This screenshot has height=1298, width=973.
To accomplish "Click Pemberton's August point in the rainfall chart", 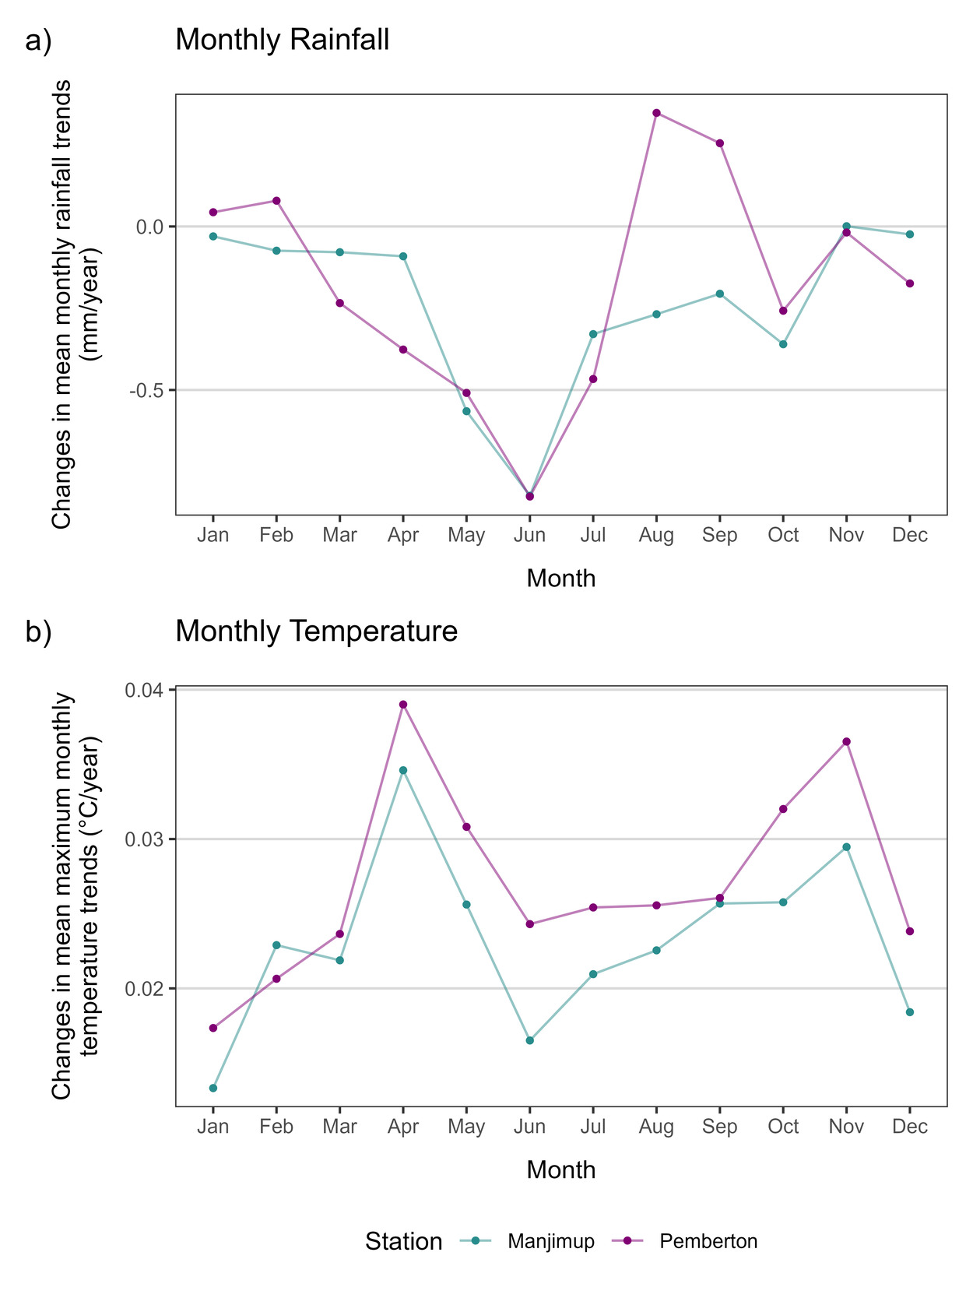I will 656,113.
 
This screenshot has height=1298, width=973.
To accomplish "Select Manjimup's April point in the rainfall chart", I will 403,256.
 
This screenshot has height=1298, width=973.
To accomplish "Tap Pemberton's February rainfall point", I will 276,201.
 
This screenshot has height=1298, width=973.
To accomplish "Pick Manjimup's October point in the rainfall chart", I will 783,344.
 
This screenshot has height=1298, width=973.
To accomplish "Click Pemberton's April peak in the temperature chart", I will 403,705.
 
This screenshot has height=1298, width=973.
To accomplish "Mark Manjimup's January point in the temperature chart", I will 213,1088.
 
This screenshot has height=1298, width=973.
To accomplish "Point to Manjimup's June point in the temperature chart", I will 530,1040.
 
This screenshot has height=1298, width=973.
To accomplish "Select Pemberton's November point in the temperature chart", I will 846,741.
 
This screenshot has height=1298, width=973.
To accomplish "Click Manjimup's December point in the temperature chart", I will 910,1012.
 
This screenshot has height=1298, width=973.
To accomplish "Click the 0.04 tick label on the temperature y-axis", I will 144,690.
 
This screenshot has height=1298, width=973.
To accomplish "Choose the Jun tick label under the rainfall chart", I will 530,535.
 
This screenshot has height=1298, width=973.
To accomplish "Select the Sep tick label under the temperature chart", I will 719,1127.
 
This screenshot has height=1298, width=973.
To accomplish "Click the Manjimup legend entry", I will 550,1241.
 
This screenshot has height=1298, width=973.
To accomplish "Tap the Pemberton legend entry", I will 708,1241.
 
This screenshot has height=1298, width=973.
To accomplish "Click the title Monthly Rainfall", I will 282,40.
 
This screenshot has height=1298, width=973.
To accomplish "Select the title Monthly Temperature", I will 316,631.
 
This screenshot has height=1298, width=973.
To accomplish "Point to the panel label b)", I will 38,631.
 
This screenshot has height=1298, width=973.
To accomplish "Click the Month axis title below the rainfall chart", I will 560,579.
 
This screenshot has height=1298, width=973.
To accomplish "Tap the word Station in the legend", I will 403,1241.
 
